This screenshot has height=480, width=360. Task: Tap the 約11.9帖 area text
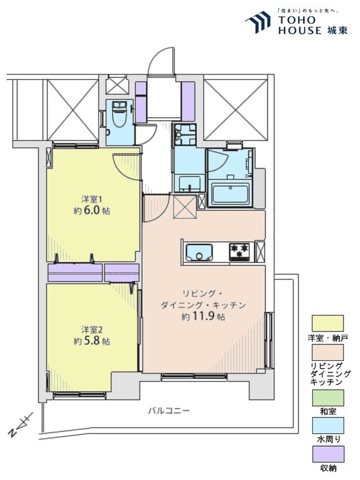[203, 317]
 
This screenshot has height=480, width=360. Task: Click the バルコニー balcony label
[169, 410]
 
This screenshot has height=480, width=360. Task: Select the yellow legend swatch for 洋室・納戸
[327, 323]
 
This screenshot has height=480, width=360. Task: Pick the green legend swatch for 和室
[327, 397]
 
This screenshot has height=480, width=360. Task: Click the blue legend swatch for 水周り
[327, 426]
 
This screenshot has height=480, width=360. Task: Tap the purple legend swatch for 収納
[327, 454]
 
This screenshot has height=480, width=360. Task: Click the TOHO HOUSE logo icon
[258, 22]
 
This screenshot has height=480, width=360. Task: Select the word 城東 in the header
[336, 30]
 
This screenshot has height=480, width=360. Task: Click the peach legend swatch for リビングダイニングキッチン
[327, 353]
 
